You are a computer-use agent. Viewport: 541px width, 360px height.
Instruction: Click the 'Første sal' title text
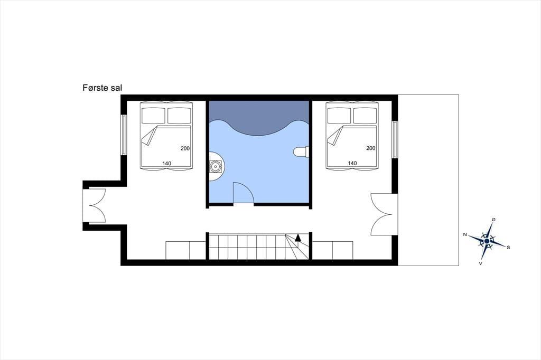102,88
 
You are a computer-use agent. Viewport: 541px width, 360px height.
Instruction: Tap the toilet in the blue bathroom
301,151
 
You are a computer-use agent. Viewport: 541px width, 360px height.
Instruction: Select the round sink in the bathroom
216,167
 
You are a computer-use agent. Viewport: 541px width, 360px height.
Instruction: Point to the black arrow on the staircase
298,238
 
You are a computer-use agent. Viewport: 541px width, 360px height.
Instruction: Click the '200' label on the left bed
185,149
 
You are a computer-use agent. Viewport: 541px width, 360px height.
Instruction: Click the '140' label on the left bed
166,164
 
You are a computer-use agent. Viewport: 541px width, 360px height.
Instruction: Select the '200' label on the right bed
371,148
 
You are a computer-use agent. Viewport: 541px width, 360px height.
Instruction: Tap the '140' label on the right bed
352,164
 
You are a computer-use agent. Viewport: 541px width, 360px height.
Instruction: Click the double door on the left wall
97,205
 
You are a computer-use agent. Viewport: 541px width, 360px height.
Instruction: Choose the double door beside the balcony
382,214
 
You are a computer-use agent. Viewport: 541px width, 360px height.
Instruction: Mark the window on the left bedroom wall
124,135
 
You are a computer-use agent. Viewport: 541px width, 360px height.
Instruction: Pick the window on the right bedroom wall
395,140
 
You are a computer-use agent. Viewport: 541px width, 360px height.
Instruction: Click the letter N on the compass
465,234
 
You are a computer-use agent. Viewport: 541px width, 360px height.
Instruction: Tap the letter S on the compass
508,247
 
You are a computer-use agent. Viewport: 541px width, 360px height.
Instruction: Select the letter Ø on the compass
493,220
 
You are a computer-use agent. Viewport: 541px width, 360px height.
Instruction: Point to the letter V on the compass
480,263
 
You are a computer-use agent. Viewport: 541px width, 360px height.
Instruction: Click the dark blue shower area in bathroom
259,116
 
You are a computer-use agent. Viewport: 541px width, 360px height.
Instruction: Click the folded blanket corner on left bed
148,136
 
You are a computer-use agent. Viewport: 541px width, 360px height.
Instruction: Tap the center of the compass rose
487,241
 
